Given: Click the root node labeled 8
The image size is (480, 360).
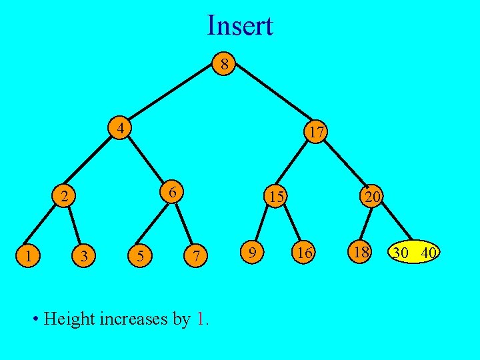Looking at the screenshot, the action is tap(225, 65).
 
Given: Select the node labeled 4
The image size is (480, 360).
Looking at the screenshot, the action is tap(121, 127).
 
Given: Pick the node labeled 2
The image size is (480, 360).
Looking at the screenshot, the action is tap(63, 197).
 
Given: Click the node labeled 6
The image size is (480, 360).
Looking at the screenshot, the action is tap(172, 193).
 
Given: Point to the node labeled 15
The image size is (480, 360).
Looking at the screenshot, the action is tap(275, 197).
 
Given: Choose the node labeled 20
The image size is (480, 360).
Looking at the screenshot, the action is tap(371, 197).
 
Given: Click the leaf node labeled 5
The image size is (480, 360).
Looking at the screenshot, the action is tap(139, 255).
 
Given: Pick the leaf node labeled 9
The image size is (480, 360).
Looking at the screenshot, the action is tap(251, 252).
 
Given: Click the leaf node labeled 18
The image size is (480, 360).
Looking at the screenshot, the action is tap(361, 252).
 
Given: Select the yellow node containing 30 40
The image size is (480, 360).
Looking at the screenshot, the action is tap(415, 253).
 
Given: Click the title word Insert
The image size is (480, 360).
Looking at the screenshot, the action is tap(240, 26).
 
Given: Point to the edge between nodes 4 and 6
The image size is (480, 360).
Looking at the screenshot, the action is tap(147, 159).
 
